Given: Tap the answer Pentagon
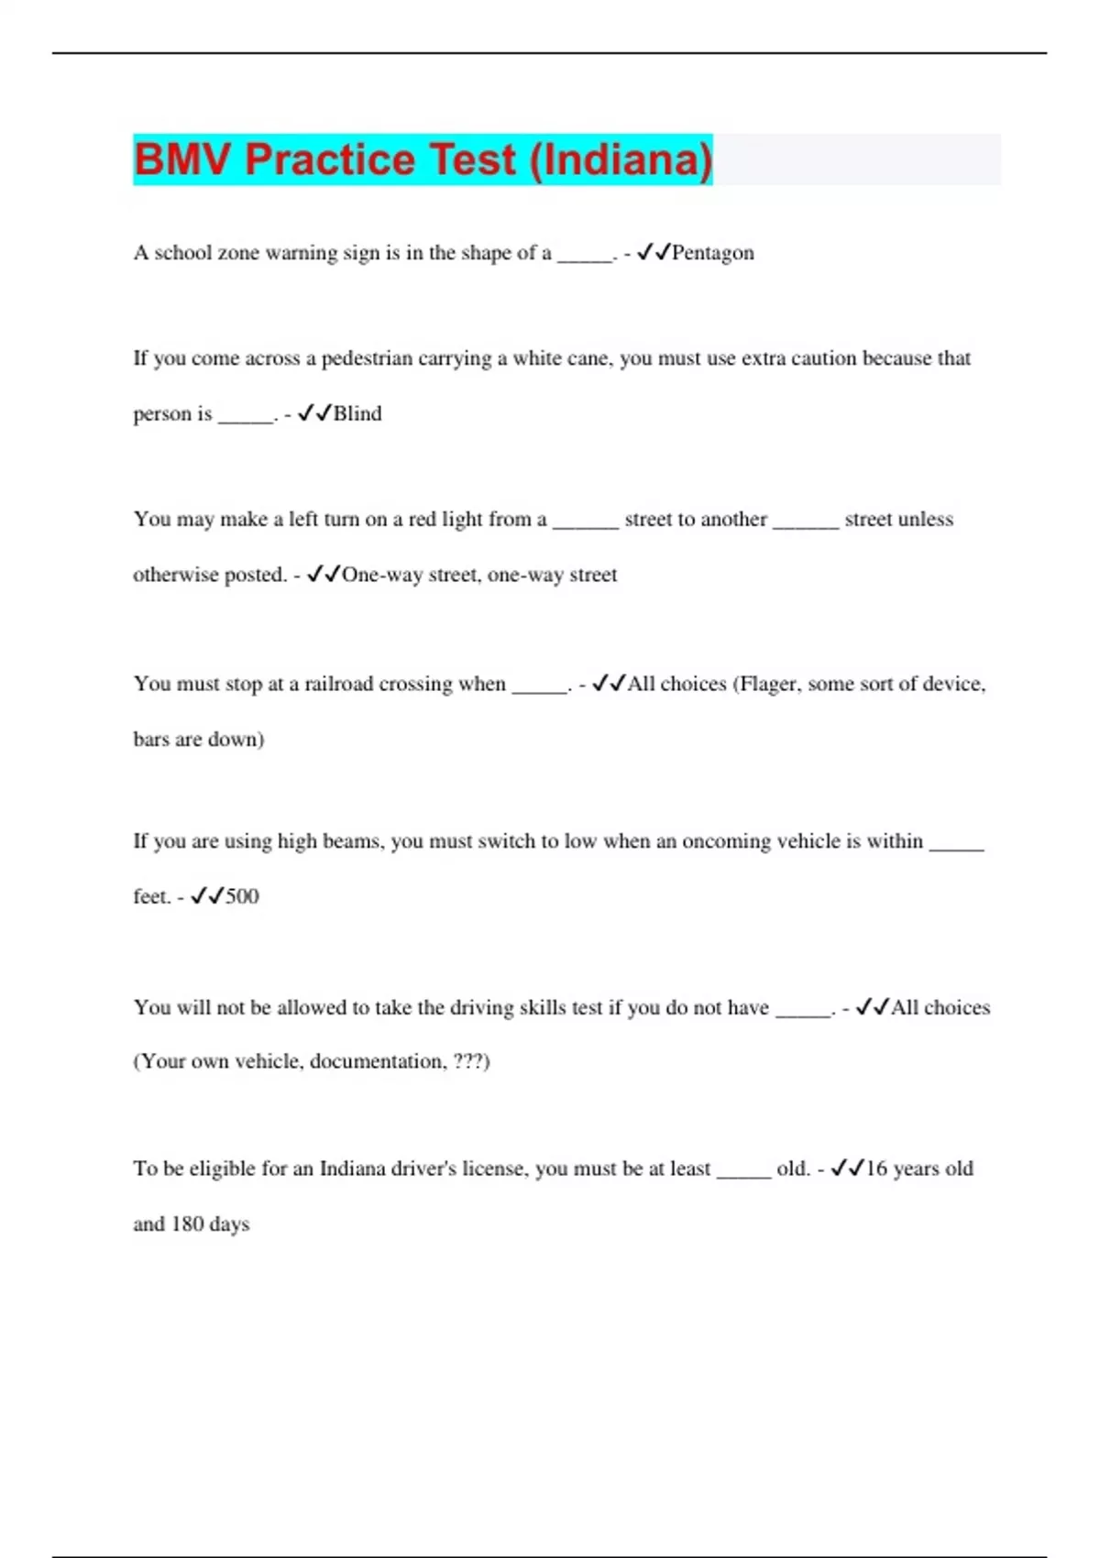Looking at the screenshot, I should [712, 253].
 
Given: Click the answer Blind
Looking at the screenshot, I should [357, 413].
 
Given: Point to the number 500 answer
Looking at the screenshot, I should [242, 896].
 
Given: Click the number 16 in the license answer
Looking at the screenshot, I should [876, 1168].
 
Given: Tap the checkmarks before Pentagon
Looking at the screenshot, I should [654, 252].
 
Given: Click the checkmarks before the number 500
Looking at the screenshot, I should [207, 895].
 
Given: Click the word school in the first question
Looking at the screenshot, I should [182, 253].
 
